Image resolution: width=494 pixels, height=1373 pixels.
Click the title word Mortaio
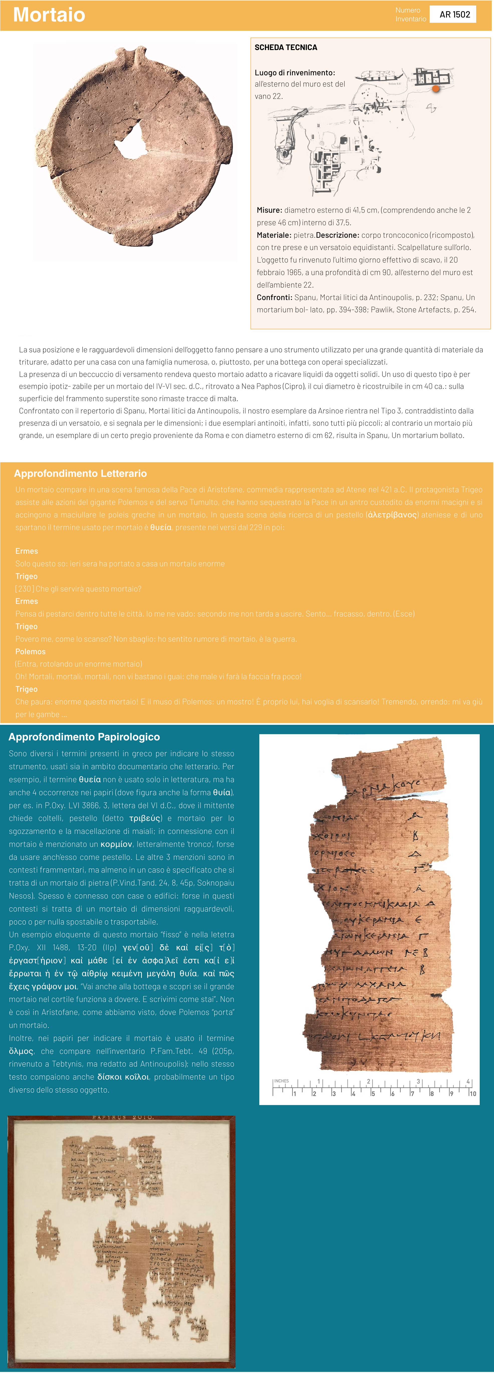49,15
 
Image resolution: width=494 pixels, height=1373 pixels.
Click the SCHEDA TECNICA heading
286,48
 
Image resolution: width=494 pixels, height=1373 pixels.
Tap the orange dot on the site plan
436,89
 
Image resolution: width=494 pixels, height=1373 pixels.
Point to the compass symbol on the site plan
431,108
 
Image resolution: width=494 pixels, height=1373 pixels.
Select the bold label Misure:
269,210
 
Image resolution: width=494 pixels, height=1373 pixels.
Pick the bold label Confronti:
274,297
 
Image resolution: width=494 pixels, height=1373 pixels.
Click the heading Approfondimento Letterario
80,473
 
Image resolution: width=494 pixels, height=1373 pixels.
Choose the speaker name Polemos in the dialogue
30,651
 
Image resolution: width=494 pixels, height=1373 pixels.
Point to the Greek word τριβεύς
146,818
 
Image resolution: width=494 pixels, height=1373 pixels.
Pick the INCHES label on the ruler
282,1081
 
